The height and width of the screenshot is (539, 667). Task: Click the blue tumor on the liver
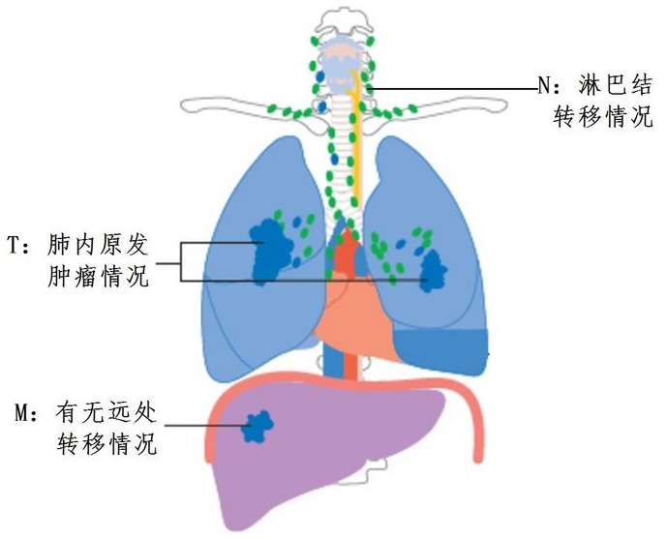tap(258, 426)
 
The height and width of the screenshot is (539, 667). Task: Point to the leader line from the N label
tap(455, 88)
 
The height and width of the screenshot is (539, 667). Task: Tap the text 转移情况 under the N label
tap(602, 117)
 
